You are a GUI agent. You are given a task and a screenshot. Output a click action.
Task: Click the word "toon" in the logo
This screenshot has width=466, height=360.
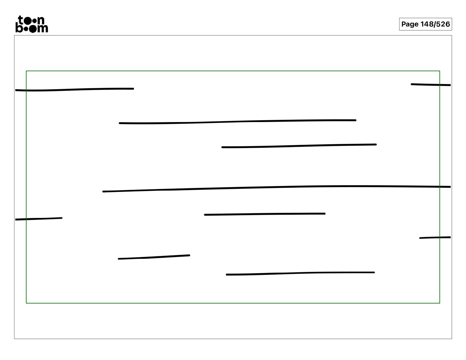tap(31, 20)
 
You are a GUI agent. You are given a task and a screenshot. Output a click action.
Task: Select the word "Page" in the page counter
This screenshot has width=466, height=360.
tap(410, 24)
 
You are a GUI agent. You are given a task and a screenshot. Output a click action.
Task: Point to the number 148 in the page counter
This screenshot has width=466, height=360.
tap(427, 24)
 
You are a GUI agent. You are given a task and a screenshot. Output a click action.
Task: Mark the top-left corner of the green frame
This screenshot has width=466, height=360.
tap(26, 71)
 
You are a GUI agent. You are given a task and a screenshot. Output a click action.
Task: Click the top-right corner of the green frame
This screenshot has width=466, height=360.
tap(440, 71)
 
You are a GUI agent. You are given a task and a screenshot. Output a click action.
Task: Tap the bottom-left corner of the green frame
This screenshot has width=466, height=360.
tap(26, 303)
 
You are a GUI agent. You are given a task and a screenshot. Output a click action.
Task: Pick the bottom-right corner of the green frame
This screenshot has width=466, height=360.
tap(440, 303)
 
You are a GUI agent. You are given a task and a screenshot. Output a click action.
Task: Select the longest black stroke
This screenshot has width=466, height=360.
tap(277, 188)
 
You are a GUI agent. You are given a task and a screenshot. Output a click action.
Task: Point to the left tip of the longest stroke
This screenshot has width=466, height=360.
tap(103, 191)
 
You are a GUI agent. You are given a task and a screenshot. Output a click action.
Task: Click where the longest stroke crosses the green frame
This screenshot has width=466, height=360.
tap(440, 187)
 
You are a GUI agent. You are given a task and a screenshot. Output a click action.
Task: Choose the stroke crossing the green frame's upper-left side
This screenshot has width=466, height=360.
tap(74, 89)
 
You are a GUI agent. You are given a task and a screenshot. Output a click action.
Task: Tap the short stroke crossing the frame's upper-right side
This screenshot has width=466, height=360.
tap(431, 85)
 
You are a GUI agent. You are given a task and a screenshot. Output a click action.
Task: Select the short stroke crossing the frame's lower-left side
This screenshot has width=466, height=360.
tap(39, 219)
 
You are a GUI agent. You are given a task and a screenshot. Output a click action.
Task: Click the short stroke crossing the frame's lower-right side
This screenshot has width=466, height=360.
tap(435, 238)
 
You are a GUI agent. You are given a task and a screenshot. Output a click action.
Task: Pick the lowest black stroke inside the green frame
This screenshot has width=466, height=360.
tap(300, 273)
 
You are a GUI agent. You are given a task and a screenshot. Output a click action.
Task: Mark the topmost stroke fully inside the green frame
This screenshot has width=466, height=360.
tap(237, 122)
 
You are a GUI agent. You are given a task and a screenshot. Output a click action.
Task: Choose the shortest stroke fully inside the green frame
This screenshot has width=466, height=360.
tap(154, 257)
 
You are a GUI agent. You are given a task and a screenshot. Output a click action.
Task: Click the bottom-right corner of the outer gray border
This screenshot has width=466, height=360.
tap(452, 339)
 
